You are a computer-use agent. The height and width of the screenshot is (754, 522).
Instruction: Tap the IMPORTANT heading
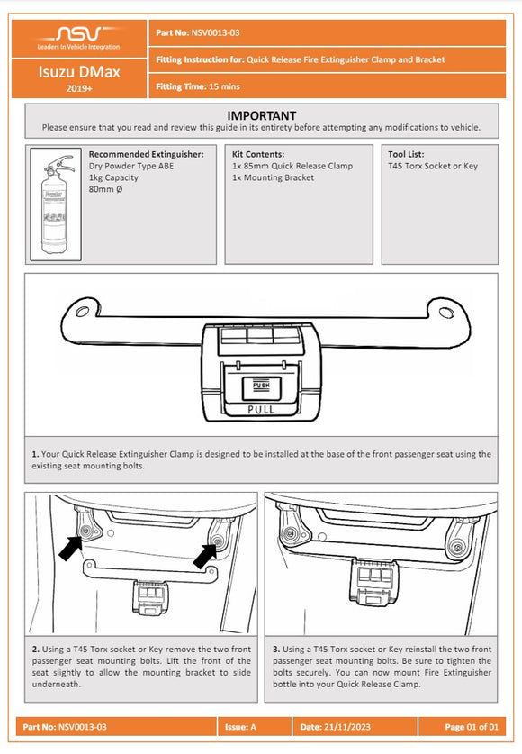(x=261, y=115)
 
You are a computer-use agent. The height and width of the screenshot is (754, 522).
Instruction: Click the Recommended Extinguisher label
(x=146, y=154)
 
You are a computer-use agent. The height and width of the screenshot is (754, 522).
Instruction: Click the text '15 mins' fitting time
(x=217, y=86)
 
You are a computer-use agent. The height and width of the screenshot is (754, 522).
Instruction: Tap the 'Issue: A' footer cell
(x=244, y=726)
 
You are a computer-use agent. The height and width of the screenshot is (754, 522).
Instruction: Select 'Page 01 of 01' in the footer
(x=472, y=726)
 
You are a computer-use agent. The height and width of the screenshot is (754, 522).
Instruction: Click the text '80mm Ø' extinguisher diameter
(x=109, y=189)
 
